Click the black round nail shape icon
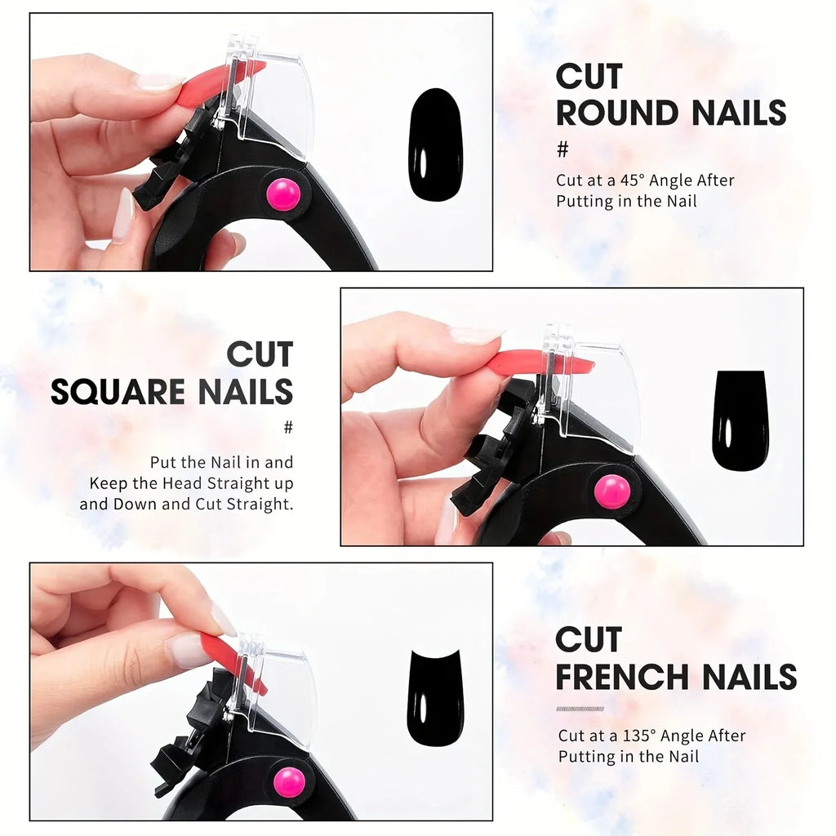pyautogui.click(x=435, y=145)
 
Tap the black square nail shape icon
pyautogui.click(x=740, y=420)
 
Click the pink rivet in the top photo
pyautogui.click(x=283, y=194)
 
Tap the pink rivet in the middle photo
pyautogui.click(x=611, y=491)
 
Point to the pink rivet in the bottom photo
pyautogui.click(x=289, y=781)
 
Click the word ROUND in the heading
pyautogui.click(x=617, y=113)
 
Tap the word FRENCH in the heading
pyautogui.click(x=621, y=677)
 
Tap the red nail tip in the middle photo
pyautogui.click(x=539, y=362)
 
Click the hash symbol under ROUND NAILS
pyautogui.click(x=563, y=149)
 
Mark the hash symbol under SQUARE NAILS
pyautogui.click(x=287, y=427)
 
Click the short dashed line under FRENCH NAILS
pyautogui.click(x=580, y=709)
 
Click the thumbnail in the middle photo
pyautogui.click(x=475, y=335)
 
